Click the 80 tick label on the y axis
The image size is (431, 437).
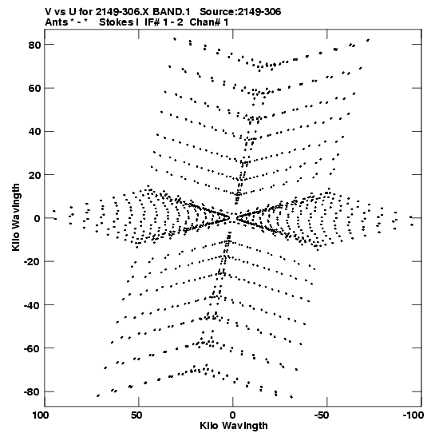coord(34,45)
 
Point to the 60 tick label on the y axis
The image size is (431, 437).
coord(34,88)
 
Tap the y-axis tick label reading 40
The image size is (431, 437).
coord(34,131)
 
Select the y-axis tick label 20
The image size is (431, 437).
coord(34,175)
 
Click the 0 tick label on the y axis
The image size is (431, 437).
coord(38,218)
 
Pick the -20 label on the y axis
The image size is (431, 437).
coord(33,262)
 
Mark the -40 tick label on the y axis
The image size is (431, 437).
coord(33,305)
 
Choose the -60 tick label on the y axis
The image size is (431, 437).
coord(33,348)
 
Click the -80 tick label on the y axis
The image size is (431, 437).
coord(33,391)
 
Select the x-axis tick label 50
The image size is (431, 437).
coord(136,415)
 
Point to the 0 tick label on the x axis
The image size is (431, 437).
coord(233,415)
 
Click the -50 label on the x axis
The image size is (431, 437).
coord(325,415)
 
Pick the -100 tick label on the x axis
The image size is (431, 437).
coord(413,415)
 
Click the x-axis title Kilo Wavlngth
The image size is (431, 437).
coord(234,426)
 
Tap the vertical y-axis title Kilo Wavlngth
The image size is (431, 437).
coord(16,217)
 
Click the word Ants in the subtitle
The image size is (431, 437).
coord(57,22)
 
